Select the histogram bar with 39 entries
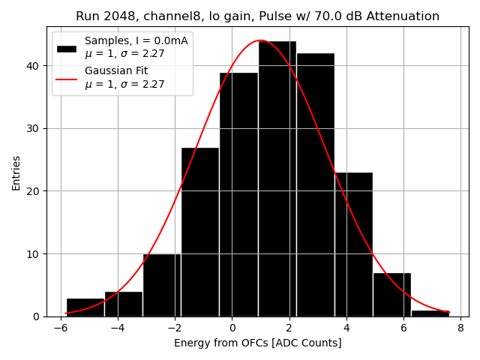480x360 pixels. tap(238, 194)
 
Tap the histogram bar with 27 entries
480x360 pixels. tap(200, 232)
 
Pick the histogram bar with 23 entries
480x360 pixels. tap(353, 244)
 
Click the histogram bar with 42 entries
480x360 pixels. tap(315, 184)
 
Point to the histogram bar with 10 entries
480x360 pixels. tap(162, 285)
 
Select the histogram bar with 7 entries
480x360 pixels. tap(391, 295)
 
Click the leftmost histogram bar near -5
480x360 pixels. tap(85, 307)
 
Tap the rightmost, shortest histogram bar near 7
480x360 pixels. tap(430, 313)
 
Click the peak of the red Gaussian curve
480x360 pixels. tap(260, 40)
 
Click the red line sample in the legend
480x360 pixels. tap(67, 77)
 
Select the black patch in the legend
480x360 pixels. tap(67, 47)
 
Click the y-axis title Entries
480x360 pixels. tap(16, 172)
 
